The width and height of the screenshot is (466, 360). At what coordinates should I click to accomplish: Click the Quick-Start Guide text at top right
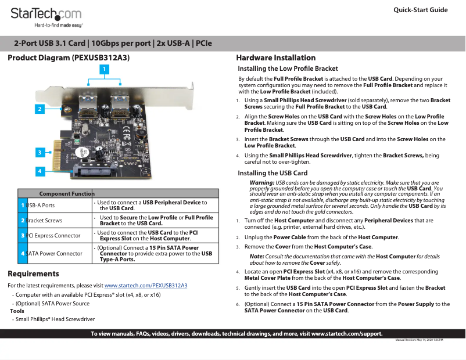click(420, 10)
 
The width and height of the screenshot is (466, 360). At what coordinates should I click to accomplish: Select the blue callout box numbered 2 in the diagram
click(40, 109)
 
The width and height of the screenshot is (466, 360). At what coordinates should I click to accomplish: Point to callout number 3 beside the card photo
click(40, 152)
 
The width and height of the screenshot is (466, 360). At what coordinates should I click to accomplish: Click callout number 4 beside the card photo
click(40, 171)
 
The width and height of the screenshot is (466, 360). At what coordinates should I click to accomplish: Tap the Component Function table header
click(67, 193)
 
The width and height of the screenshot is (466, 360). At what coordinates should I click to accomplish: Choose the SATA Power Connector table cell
click(55, 254)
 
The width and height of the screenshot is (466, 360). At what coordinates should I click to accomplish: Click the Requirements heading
click(33, 274)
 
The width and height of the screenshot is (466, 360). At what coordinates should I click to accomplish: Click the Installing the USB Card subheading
click(273, 173)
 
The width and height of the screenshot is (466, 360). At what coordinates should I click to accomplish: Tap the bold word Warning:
click(261, 183)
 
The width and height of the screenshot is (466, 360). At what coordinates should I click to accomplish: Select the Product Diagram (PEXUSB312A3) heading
click(68, 58)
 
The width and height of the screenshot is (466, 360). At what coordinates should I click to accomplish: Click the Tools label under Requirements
click(17, 311)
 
